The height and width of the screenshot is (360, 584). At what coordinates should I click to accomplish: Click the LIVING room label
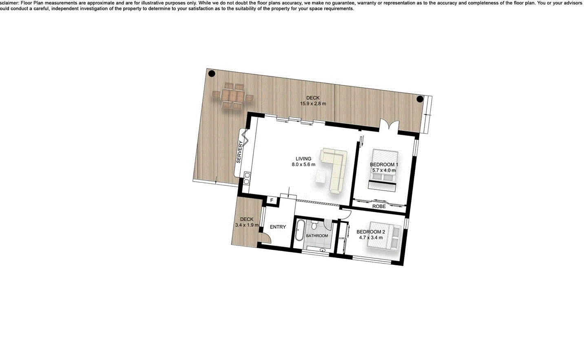point(303,159)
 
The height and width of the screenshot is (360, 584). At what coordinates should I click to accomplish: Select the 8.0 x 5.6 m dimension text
point(303,164)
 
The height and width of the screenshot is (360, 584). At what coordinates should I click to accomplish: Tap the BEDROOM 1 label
point(384,164)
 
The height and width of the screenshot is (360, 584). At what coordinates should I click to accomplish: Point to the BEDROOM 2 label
point(370,232)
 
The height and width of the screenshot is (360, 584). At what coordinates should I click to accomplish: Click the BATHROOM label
point(317,236)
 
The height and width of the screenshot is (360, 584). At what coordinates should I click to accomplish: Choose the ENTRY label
point(278,227)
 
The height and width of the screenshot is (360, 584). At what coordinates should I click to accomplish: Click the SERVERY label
point(239,152)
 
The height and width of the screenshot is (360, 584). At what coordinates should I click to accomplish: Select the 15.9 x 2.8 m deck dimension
point(313,104)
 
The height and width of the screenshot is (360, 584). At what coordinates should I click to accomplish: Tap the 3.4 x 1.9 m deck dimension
point(247,225)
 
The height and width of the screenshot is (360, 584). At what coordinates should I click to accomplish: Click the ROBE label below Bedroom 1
point(379,207)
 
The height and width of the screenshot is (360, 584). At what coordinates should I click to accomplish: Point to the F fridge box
point(272,200)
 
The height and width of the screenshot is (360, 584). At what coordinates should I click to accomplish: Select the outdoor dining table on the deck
point(232,96)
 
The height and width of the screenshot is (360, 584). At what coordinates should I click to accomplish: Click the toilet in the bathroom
point(315,225)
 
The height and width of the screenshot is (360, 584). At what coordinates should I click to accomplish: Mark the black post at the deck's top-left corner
point(212,74)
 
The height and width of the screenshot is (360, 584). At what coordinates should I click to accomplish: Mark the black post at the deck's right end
point(420,99)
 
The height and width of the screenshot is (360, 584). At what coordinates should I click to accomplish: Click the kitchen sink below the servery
point(246,178)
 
